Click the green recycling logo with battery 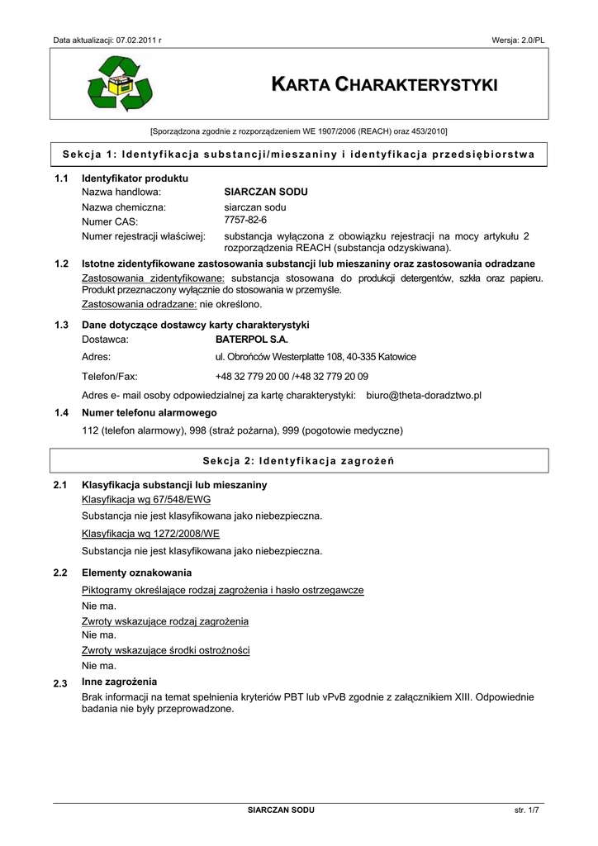pyautogui.click(x=121, y=84)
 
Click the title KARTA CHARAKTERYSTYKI pyautogui.click(x=384, y=85)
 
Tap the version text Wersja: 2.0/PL pyautogui.click(x=518, y=40)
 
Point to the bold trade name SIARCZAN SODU pyautogui.click(x=260, y=192)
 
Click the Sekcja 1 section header pyautogui.click(x=299, y=154)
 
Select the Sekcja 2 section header pyautogui.click(x=298, y=461)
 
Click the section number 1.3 pyautogui.click(x=61, y=325)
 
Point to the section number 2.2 pyautogui.click(x=60, y=573)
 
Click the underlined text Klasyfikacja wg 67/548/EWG pyautogui.click(x=146, y=500)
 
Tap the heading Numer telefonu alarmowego pyautogui.click(x=149, y=412)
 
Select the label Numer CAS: pyautogui.click(x=110, y=221)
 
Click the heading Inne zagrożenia pyautogui.click(x=119, y=682)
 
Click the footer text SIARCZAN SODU pyautogui.click(x=281, y=810)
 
